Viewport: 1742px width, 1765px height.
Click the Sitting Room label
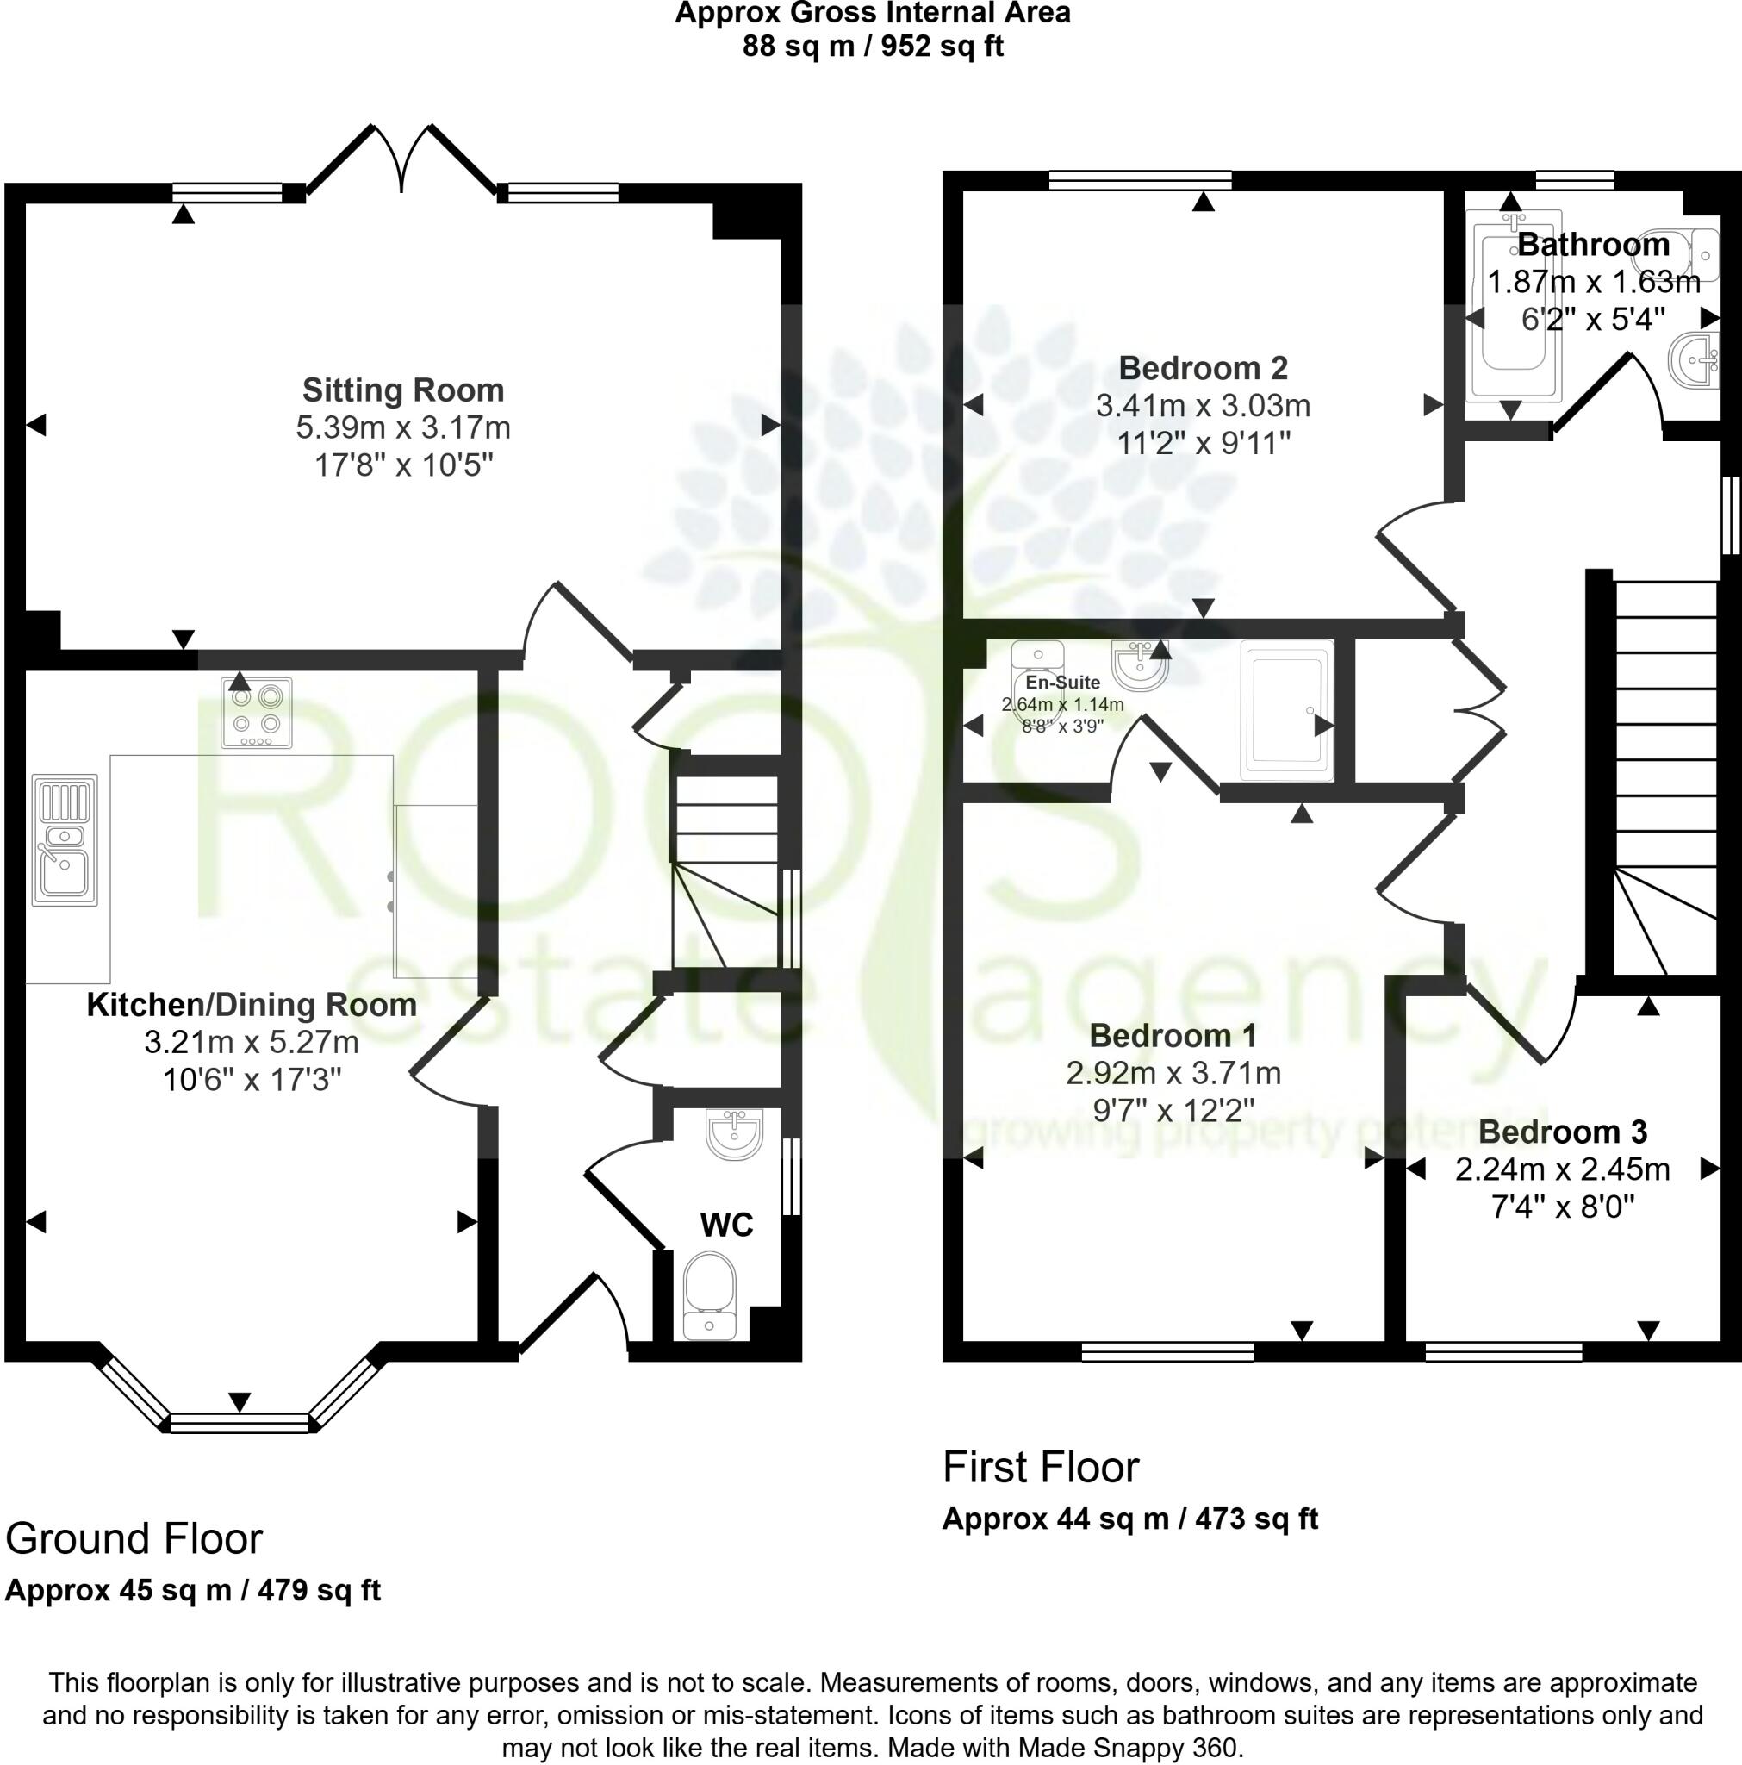pyautogui.click(x=403, y=390)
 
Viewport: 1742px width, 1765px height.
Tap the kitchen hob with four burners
pyautogui.click(x=257, y=712)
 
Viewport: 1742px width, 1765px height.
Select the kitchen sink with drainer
pyautogui.click(x=64, y=839)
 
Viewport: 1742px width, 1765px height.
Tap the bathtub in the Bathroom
pyautogui.click(x=1513, y=306)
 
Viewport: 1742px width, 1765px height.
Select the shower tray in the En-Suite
pyautogui.click(x=1286, y=711)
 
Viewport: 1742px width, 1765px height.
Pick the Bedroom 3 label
pyautogui.click(x=1562, y=1132)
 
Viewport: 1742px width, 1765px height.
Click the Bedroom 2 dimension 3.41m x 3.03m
pyautogui.click(x=1202, y=406)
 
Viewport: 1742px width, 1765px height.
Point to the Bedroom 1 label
pyautogui.click(x=1173, y=1035)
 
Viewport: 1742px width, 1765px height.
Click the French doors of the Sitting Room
pyautogui.click(x=402, y=160)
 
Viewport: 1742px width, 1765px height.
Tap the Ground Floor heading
pyautogui.click(x=134, y=1538)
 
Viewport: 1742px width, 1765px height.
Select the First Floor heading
pyautogui.click(x=1041, y=1467)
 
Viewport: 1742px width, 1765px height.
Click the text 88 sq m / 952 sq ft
pyautogui.click(x=873, y=46)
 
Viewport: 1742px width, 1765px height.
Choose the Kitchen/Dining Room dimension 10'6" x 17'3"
pyautogui.click(x=252, y=1080)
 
